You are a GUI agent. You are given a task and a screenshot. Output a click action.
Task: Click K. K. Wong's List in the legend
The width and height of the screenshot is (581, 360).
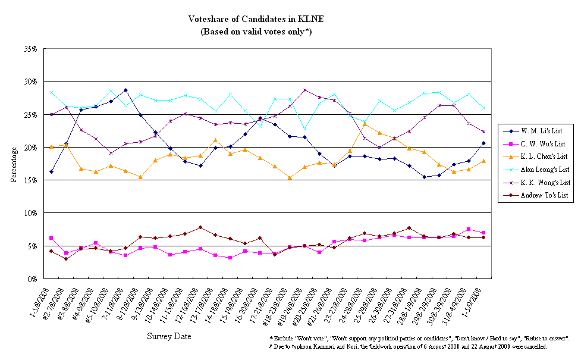(x=546, y=182)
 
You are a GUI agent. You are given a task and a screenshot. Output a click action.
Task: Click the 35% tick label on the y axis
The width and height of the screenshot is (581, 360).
(x=32, y=49)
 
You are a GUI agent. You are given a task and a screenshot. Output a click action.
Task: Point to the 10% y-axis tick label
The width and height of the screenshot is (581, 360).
(x=32, y=213)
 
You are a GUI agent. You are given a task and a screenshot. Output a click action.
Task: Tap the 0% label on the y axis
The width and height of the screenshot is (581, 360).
(x=33, y=278)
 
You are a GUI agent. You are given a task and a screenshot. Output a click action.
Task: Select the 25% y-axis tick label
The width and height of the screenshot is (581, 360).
(x=32, y=114)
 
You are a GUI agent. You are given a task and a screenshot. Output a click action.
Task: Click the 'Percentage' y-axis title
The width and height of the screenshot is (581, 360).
(x=14, y=163)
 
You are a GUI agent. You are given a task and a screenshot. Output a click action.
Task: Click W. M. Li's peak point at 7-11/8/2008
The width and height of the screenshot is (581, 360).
(x=125, y=90)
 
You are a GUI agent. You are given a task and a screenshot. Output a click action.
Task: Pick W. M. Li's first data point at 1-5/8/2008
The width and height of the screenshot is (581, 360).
(x=51, y=171)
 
